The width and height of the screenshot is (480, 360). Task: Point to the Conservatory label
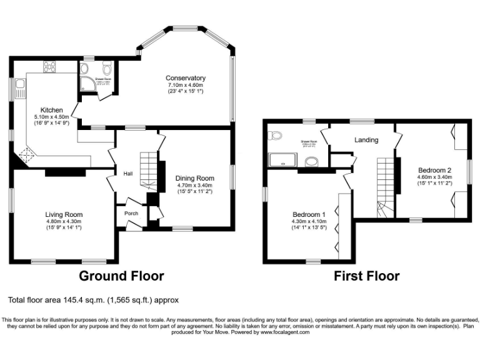(186, 78)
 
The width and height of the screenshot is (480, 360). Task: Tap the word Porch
(131, 214)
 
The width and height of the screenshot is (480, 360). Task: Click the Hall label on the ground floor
(127, 174)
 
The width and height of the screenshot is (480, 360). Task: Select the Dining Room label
(194, 178)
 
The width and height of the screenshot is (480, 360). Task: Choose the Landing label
(366, 140)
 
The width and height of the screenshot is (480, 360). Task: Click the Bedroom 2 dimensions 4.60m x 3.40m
(434, 177)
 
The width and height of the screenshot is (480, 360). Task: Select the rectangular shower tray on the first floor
(284, 161)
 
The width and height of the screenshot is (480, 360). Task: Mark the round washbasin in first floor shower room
(311, 162)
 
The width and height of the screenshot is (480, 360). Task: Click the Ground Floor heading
(121, 276)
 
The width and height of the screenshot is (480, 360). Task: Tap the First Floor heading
(366, 276)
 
